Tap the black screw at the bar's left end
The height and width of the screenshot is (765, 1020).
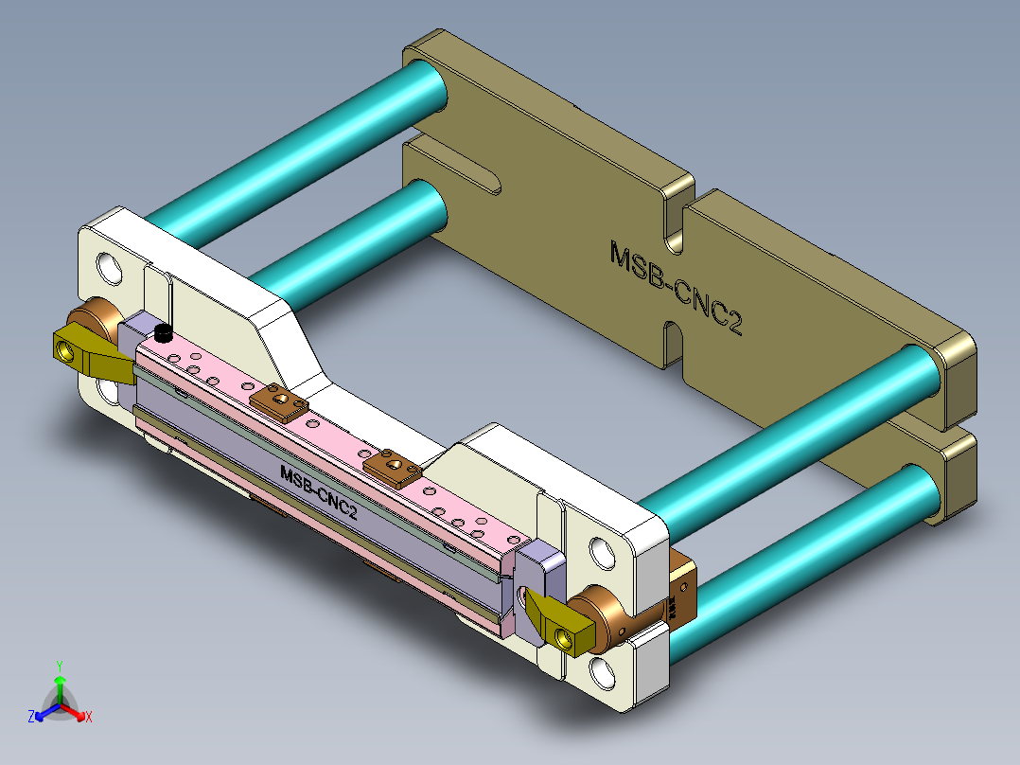(x=164, y=333)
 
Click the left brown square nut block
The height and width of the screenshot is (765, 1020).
(x=280, y=401)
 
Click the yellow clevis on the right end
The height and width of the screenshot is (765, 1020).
(x=558, y=624)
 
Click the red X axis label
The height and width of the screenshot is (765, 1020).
(x=89, y=718)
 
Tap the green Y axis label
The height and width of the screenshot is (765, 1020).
(x=59, y=666)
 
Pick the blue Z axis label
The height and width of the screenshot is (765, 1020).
(x=31, y=718)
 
